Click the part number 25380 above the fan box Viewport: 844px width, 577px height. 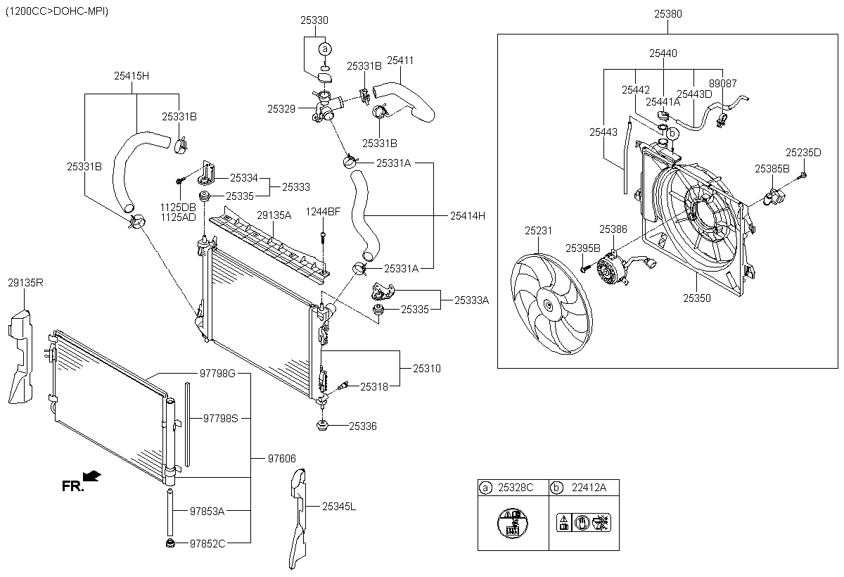[667, 13]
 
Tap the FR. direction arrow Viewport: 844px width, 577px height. [91, 476]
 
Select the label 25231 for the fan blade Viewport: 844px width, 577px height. [538, 230]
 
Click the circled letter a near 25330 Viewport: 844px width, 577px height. [324, 49]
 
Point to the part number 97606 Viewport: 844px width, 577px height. [281, 458]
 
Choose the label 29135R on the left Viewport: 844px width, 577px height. [26, 283]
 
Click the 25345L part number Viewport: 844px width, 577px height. [339, 506]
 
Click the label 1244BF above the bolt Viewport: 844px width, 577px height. [323, 212]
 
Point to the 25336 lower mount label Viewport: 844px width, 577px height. [363, 426]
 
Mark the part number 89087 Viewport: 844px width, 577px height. [722, 83]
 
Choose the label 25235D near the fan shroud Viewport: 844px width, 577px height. [803, 151]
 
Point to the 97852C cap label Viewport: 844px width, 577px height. [207, 543]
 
